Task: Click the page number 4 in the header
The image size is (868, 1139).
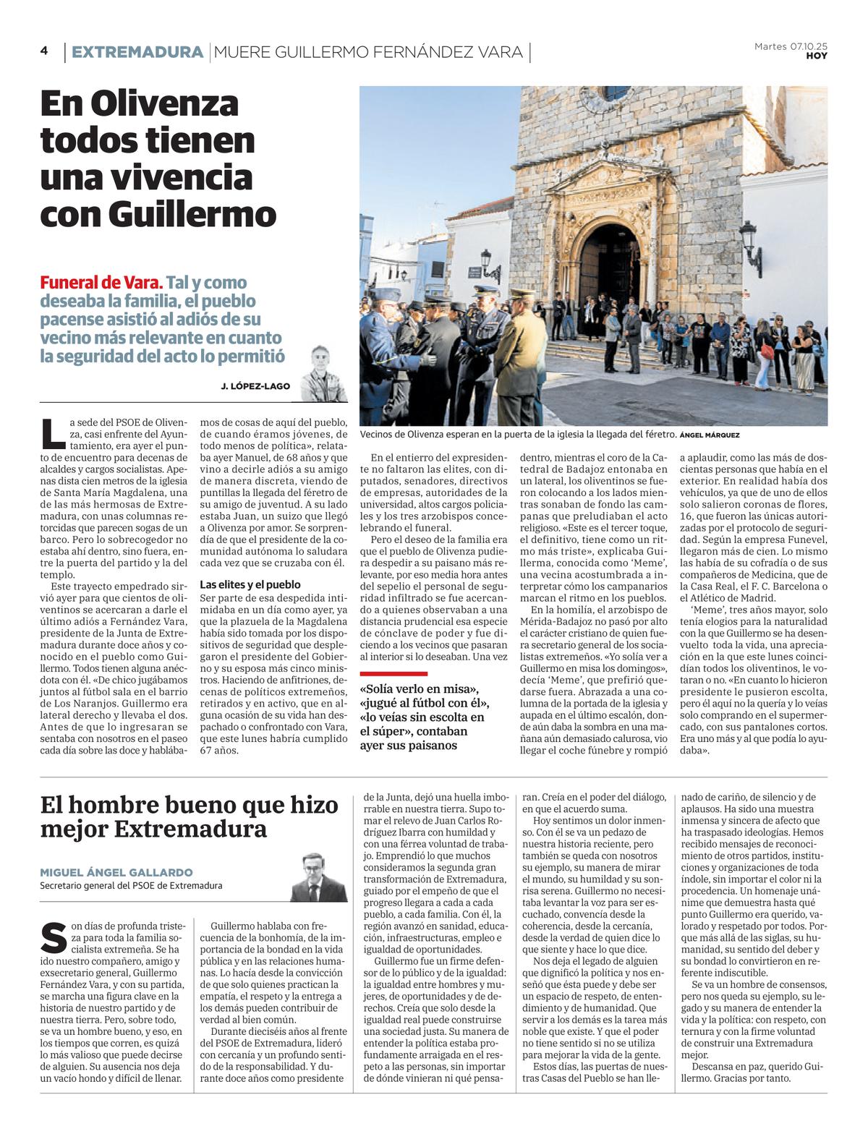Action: coord(44,51)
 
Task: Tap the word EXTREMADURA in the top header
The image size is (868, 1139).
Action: coord(137,52)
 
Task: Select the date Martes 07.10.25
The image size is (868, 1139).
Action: coord(791,46)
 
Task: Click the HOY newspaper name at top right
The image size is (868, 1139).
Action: coord(817,56)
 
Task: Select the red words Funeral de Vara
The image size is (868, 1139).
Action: coord(101,283)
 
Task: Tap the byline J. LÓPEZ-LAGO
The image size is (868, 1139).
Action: coord(255,386)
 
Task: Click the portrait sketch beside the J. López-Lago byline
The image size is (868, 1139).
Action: coord(323,373)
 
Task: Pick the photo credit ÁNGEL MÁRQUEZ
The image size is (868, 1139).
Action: coord(710,435)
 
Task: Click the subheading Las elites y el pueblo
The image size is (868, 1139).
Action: coord(250,584)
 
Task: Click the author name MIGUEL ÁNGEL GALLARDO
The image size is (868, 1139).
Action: coord(116,872)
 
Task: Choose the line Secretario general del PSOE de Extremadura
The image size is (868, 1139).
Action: coord(131,886)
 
